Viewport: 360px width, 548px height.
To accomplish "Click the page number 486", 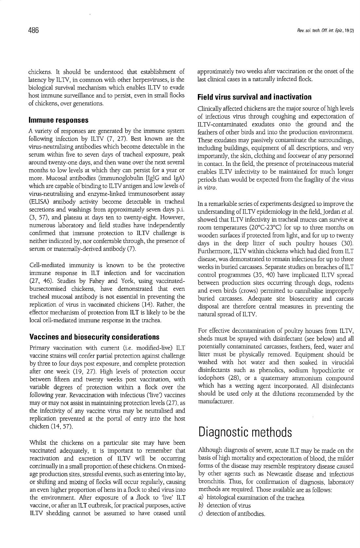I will [33, 30].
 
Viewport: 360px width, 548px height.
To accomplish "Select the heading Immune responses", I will [59, 120].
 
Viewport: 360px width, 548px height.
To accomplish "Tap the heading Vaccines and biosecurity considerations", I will [94, 337].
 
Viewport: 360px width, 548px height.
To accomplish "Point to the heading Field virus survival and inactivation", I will [255, 97].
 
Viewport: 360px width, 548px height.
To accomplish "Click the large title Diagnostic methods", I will [245, 432].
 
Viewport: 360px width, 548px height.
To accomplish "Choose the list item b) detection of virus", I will [224, 506].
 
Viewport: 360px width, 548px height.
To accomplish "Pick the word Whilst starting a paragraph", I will [38, 443].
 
